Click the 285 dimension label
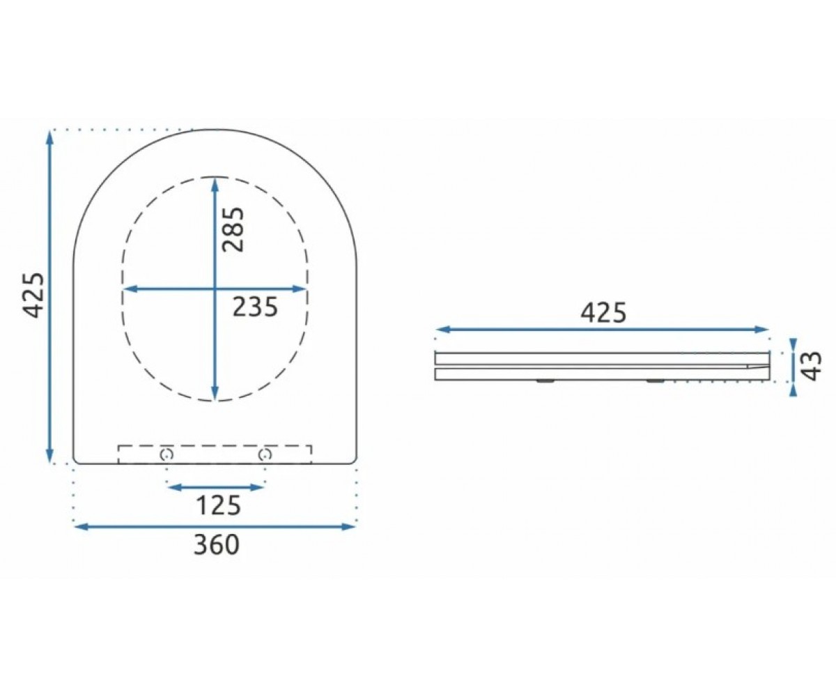click(233, 229)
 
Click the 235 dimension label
click(256, 307)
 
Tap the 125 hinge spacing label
click(218, 505)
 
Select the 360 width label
click(217, 544)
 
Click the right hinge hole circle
click(265, 454)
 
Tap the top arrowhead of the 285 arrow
click(215, 184)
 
